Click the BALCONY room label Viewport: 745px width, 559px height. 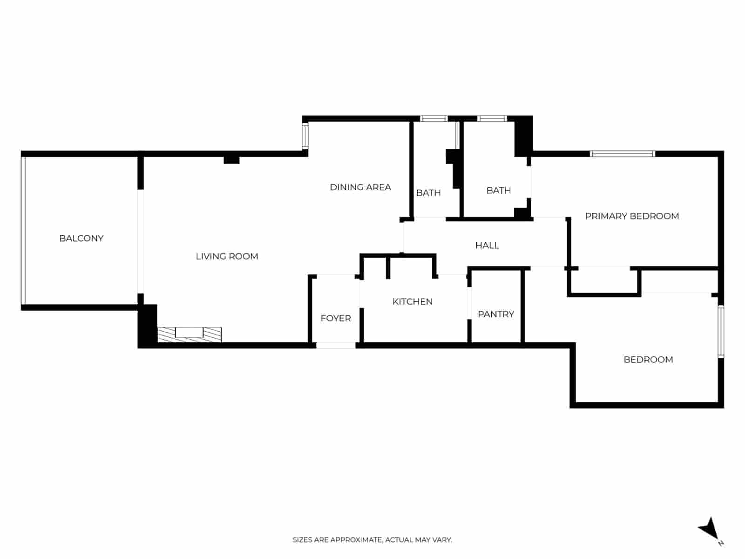[81, 238]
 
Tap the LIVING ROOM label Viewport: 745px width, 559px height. [227, 256]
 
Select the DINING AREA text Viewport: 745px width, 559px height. [360, 187]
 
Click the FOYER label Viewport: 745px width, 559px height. [336, 318]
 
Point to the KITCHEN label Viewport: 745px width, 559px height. [413, 301]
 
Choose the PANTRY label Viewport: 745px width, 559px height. [496, 314]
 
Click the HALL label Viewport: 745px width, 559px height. [487, 245]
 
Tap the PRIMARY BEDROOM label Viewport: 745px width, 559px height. [632, 216]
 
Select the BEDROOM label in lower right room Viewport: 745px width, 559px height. [648, 360]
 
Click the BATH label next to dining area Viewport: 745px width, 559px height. [428, 193]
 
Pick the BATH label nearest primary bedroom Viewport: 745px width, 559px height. [499, 190]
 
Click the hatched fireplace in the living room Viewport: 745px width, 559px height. [189, 334]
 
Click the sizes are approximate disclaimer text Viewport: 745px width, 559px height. [372, 540]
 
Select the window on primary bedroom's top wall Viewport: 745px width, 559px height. [623, 154]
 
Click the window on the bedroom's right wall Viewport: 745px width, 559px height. [721, 331]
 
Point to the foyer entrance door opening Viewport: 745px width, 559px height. [336, 345]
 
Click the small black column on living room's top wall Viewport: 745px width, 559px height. [231, 160]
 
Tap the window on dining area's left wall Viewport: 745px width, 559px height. [305, 136]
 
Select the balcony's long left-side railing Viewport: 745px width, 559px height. [23, 231]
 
